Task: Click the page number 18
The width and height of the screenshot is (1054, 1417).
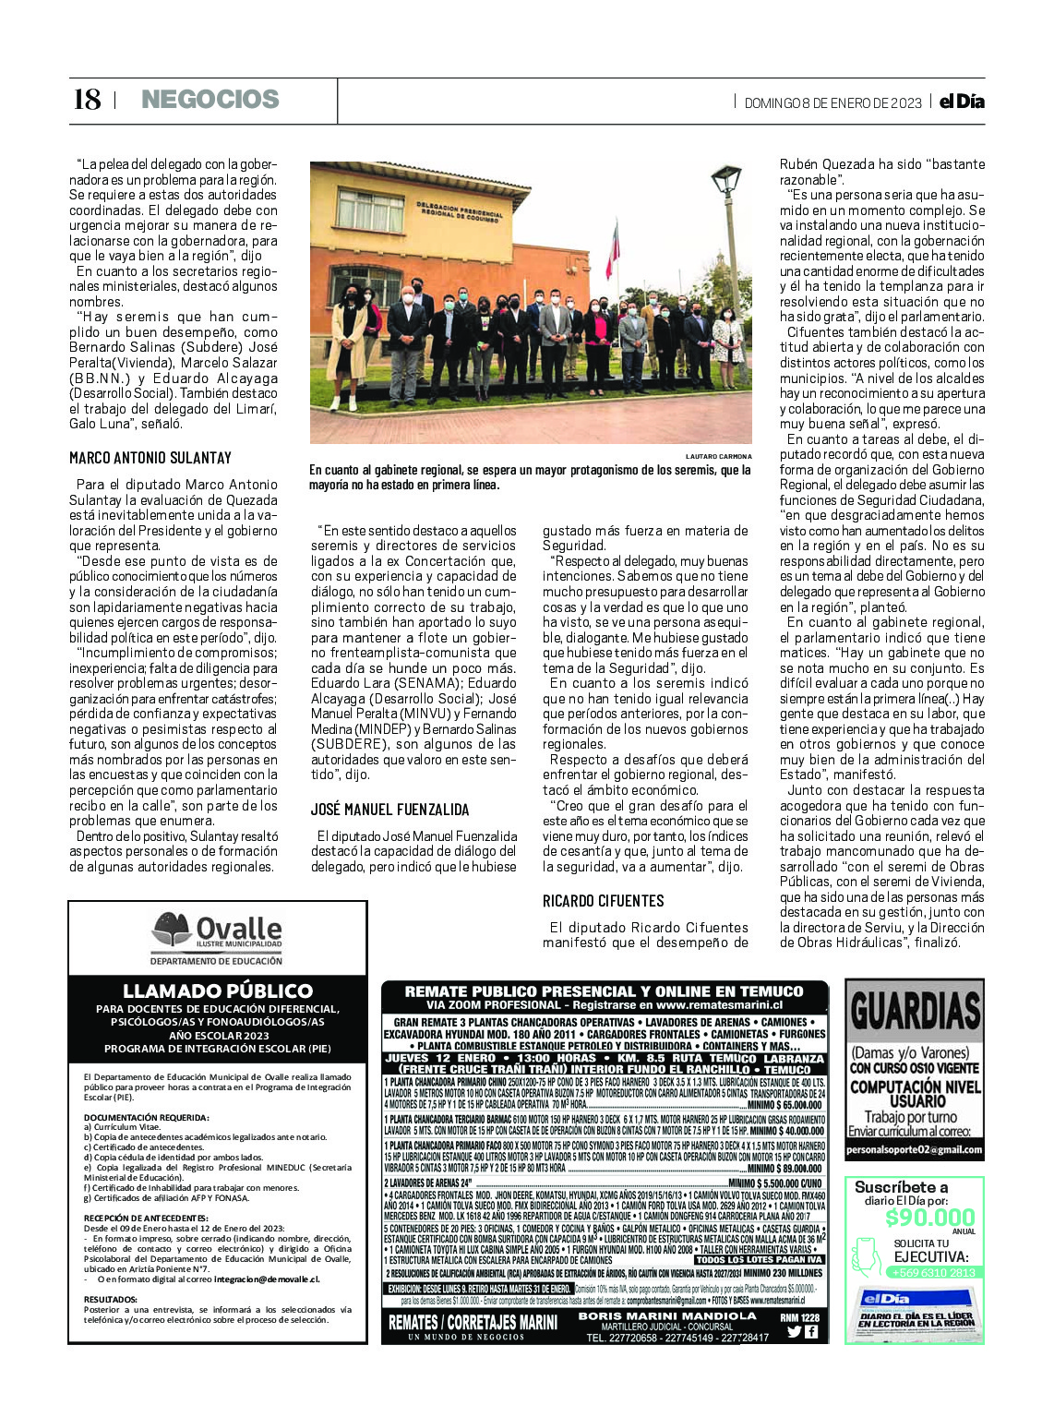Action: tap(87, 100)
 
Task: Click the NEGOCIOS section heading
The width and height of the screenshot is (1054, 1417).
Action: tap(210, 100)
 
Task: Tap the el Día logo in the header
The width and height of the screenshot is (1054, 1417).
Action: tap(962, 102)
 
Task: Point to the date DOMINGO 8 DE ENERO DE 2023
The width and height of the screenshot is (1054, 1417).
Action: tap(832, 103)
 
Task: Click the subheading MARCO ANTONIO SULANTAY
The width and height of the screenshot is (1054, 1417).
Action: tap(150, 458)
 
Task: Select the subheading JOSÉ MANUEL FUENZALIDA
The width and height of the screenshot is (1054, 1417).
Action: tap(389, 810)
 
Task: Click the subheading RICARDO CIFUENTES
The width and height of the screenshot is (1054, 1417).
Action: tap(603, 901)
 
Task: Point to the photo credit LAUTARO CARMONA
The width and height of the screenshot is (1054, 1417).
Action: tap(718, 456)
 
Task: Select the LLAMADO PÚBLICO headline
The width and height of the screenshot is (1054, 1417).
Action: tap(218, 991)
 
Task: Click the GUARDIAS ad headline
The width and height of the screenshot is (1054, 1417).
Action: tap(915, 1012)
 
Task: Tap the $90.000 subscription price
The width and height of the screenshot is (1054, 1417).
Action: tap(929, 1218)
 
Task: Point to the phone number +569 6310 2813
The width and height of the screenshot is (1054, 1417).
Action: tap(933, 1272)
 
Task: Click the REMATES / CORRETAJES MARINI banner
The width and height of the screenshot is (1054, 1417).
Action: tap(473, 1323)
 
